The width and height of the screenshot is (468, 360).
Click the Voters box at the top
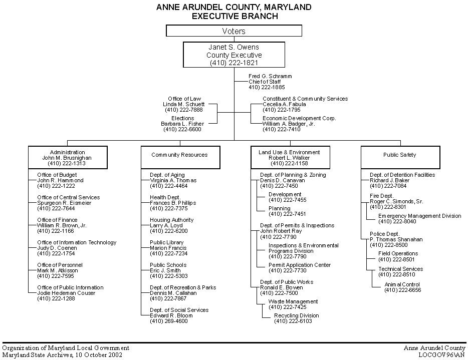pos(234,31)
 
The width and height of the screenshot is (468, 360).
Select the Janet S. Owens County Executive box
pos(234,55)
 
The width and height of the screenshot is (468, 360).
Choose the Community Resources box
pos(179,155)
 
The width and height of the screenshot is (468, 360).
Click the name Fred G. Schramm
pos(270,76)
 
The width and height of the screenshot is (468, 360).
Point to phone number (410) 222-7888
pos(184,110)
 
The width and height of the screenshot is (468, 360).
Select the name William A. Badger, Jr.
pos(289,124)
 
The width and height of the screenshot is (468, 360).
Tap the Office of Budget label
pos(57,175)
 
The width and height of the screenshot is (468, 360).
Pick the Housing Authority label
pos(171,220)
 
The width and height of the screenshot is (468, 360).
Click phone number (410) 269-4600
pos(169,321)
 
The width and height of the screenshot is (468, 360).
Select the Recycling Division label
pos(296,315)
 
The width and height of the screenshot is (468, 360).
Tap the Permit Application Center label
pos(300,265)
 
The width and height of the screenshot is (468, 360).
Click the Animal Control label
pos(402,284)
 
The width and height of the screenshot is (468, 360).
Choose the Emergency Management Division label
pos(420,216)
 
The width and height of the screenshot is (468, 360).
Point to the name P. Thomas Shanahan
pos(396,239)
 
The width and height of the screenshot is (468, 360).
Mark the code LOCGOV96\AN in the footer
pos(441,355)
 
